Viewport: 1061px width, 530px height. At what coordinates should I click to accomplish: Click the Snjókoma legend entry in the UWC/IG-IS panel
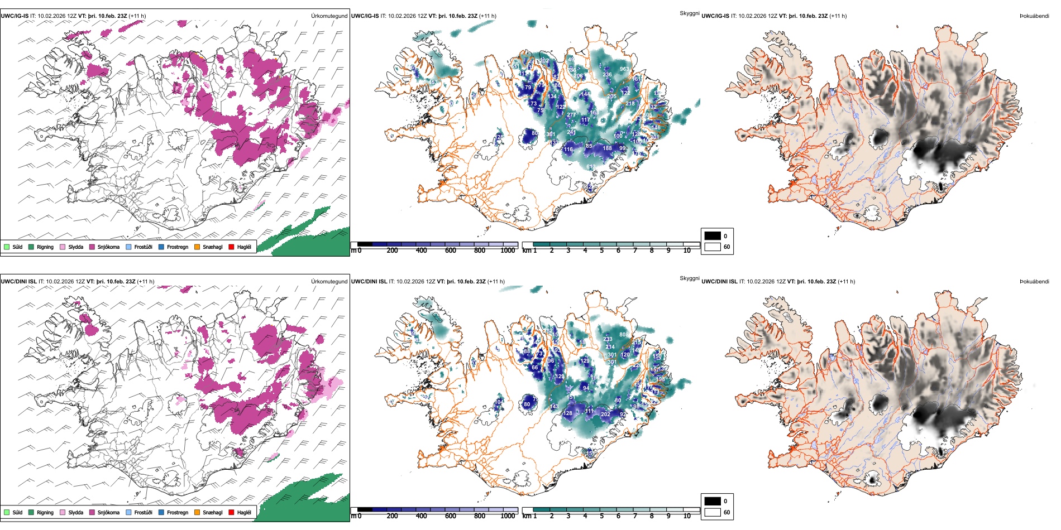pyautogui.click(x=108, y=247)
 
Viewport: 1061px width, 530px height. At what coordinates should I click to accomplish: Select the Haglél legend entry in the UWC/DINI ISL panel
pyautogui.click(x=244, y=512)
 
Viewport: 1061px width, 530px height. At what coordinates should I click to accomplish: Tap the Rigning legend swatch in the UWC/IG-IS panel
pyautogui.click(x=31, y=247)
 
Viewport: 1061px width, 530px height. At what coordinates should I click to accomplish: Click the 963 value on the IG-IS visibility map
pyautogui.click(x=624, y=69)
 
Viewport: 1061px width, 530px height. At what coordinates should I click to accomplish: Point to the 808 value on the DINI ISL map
pyautogui.click(x=624, y=335)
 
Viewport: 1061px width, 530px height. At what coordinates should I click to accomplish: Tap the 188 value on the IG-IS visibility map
pyautogui.click(x=607, y=148)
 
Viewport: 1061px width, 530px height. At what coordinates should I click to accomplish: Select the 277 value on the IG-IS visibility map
pyautogui.click(x=571, y=115)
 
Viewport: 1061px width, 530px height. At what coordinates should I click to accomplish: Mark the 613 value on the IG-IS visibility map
pyautogui.click(x=591, y=167)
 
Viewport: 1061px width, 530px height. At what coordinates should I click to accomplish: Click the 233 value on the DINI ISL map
pyautogui.click(x=608, y=339)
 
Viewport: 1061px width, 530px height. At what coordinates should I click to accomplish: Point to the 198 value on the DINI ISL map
pyautogui.click(x=661, y=379)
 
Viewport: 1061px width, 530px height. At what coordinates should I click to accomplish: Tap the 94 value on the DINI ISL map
pyautogui.click(x=586, y=388)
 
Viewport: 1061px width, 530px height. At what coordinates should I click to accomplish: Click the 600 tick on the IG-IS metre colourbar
pyautogui.click(x=451, y=250)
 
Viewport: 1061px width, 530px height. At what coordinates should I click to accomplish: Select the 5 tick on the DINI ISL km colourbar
pyautogui.click(x=602, y=516)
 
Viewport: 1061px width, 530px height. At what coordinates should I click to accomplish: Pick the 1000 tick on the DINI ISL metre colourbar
pyautogui.click(x=508, y=516)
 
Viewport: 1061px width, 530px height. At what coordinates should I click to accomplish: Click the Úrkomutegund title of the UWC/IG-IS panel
pyautogui.click(x=329, y=16)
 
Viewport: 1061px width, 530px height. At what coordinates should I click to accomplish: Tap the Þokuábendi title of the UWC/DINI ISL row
pyautogui.click(x=1034, y=282)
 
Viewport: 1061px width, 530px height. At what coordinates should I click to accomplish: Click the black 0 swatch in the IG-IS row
pyautogui.click(x=713, y=236)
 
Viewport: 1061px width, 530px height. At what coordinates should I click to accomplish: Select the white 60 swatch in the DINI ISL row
pyautogui.click(x=713, y=512)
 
